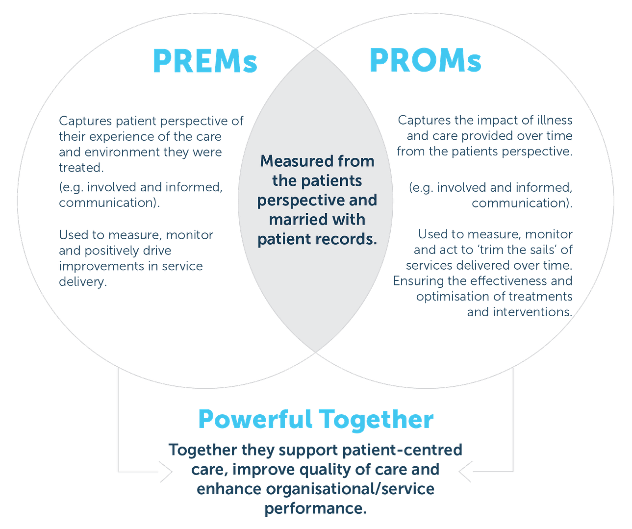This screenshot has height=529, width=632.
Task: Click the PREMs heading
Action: [x=205, y=61]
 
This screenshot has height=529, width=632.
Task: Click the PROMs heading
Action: [x=425, y=61]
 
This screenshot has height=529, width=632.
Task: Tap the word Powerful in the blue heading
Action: [x=255, y=420]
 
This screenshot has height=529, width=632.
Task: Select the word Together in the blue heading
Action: [x=377, y=420]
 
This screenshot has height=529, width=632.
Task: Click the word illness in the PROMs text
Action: [x=554, y=120]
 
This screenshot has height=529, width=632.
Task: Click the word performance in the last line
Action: [x=315, y=508]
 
